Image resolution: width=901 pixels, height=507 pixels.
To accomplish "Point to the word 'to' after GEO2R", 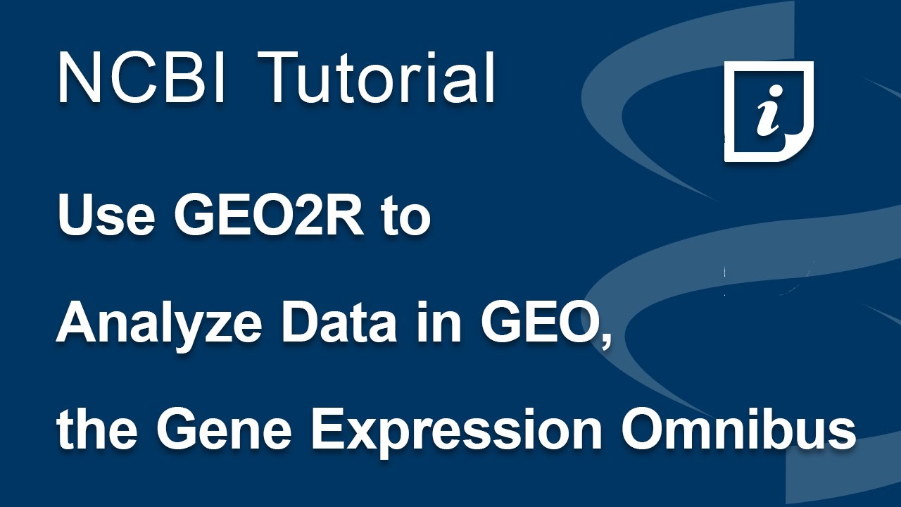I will (405, 218).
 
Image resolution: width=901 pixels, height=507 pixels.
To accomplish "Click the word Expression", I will (451, 431).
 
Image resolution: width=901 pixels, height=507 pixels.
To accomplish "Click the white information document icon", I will (769, 111).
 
